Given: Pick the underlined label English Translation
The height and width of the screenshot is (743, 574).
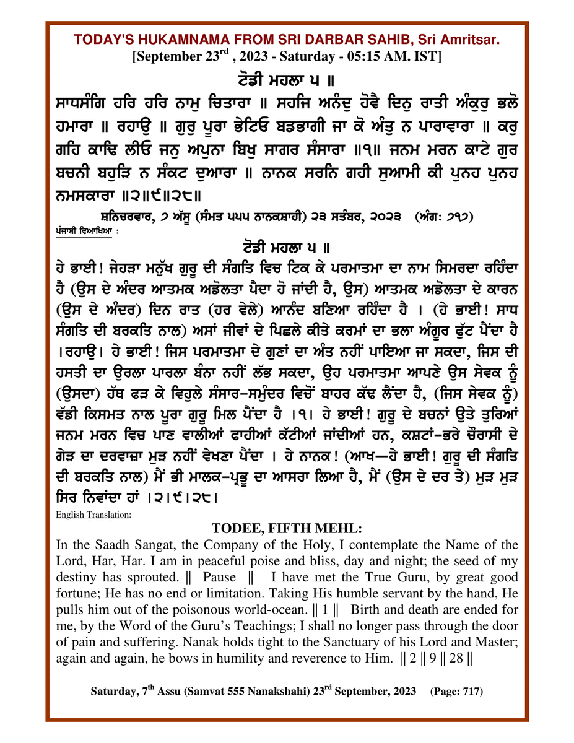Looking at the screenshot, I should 93,514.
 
